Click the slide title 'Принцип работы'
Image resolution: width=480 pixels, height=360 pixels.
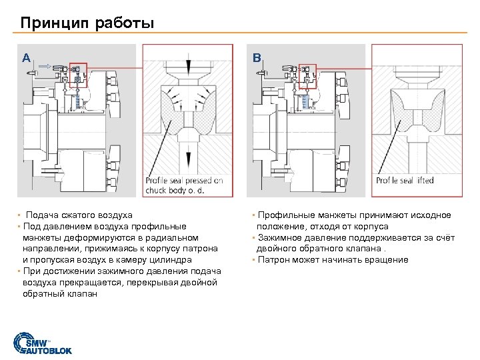coord(87,23)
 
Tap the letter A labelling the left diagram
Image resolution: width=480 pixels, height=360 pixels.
coord(26,57)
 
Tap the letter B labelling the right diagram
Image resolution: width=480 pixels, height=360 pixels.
coord(257,57)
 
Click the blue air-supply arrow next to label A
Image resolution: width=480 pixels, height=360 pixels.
coord(45,66)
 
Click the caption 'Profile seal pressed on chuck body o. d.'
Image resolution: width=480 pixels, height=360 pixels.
coord(184,185)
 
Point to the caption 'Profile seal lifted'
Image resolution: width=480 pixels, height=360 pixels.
coord(405,180)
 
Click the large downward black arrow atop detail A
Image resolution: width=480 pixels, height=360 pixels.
coord(189,63)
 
